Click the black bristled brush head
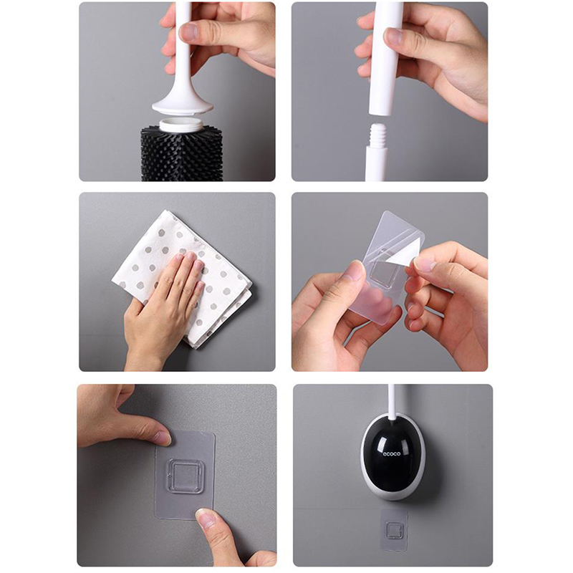click(182, 153)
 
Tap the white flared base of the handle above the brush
click(183, 105)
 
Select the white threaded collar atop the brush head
click(181, 125)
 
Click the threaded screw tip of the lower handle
click(379, 134)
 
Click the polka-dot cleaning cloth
click(182, 279)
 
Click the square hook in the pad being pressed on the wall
click(185, 476)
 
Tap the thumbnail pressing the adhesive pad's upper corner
click(163, 438)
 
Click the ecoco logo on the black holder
click(391, 453)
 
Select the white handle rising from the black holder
click(392, 401)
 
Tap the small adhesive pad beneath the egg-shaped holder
click(394, 529)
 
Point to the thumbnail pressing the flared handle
click(190, 32)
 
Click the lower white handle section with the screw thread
click(377, 152)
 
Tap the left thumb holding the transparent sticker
click(355, 271)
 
